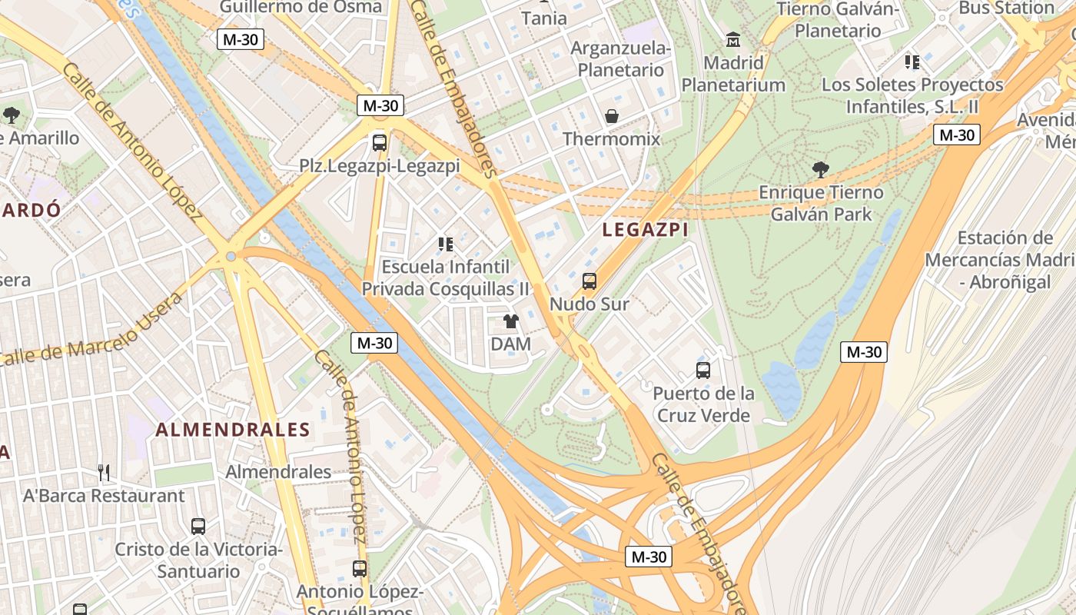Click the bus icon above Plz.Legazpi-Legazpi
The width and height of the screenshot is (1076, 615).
pos(379,142)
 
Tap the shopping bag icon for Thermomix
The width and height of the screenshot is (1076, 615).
pos(612,116)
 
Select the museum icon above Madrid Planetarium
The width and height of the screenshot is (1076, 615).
pos(733,39)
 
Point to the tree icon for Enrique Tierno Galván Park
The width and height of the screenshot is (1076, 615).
pos(821,169)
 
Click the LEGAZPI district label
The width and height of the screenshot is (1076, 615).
pos(645,230)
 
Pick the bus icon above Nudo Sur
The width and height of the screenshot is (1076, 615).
pos(589,281)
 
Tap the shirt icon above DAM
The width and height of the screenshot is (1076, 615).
pos(510,321)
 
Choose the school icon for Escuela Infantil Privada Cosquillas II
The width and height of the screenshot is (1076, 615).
pos(445,244)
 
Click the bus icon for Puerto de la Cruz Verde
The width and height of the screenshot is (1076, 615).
pos(703,371)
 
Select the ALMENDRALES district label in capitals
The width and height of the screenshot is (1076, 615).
pos(233,430)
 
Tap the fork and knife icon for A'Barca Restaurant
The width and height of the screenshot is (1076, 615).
pos(104,473)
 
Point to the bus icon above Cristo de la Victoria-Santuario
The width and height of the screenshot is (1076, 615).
pos(198,527)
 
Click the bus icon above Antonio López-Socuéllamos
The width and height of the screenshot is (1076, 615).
pos(360,569)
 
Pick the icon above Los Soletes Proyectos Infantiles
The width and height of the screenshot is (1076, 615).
pos(912,61)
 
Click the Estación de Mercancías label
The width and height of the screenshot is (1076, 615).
pos(999,260)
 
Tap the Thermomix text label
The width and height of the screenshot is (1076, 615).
pos(612,139)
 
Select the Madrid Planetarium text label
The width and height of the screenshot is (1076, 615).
pos(733,74)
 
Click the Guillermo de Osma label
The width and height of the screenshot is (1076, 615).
pos(301,7)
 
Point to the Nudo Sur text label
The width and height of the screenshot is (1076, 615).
pos(589,304)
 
